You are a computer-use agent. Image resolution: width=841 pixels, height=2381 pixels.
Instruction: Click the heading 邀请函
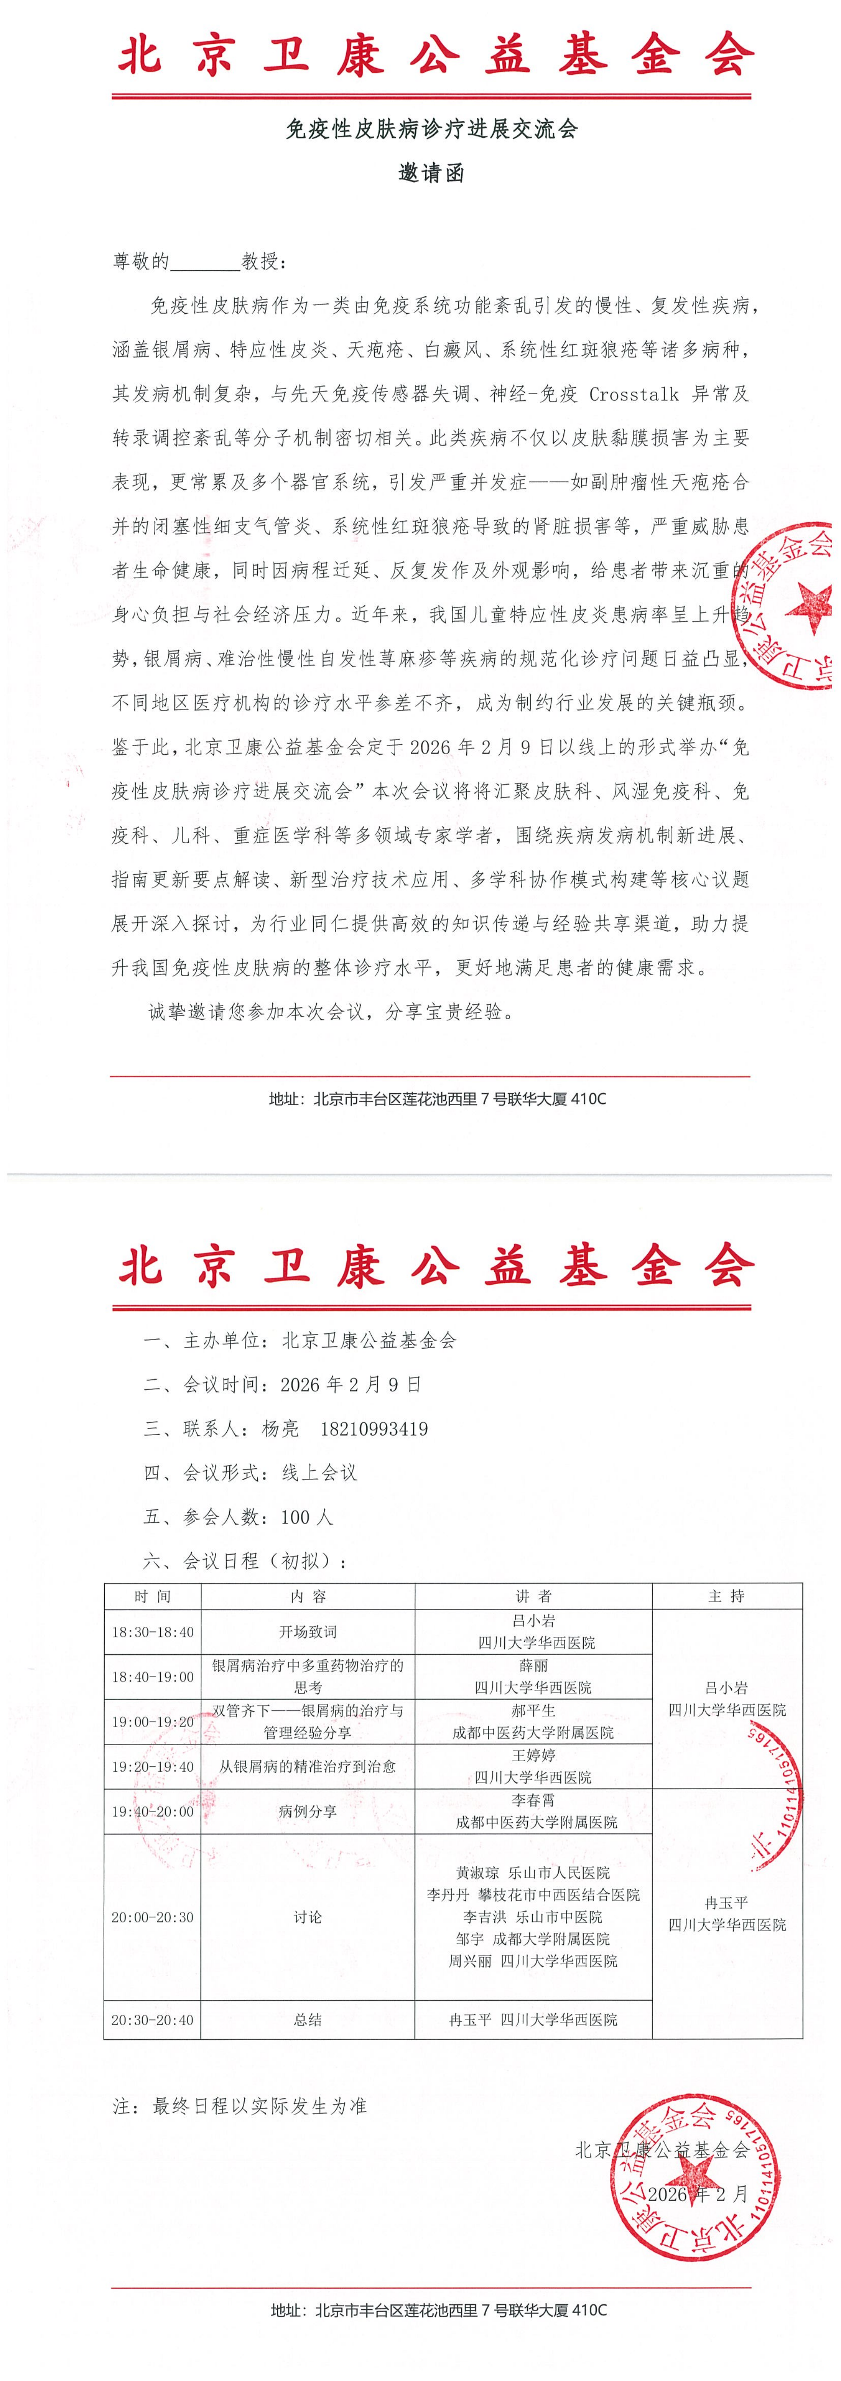431,173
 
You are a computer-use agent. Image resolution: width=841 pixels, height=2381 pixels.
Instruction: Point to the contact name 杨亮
280,1429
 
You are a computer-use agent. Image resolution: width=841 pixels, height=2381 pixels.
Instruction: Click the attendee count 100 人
307,1517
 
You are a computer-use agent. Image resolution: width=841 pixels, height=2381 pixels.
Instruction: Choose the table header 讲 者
533,1596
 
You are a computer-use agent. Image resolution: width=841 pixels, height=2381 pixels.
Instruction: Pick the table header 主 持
727,1596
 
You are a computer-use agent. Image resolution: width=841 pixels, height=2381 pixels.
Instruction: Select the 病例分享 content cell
308,1812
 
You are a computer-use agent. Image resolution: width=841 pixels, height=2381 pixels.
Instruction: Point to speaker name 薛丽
533,1666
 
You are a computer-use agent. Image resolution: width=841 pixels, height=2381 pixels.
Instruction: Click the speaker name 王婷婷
533,1755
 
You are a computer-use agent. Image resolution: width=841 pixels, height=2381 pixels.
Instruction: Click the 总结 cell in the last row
308,2021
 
